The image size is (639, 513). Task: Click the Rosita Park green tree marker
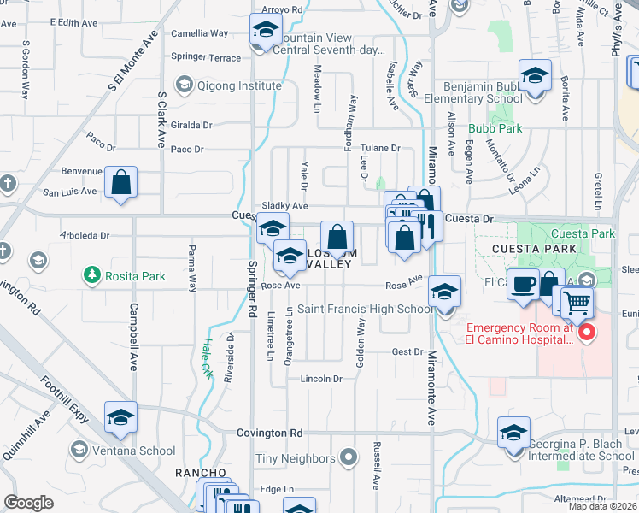tap(91, 274)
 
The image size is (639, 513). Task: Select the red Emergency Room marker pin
tap(586, 332)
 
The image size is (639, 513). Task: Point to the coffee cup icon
tap(523, 284)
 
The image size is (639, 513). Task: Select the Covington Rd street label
tap(270, 433)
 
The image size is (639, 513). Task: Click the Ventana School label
tap(135, 451)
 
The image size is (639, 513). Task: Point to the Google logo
tap(28, 503)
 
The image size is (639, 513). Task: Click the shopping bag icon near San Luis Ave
tap(121, 182)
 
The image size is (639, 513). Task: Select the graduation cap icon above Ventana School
tap(120, 417)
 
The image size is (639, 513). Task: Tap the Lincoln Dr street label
tap(320, 379)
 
